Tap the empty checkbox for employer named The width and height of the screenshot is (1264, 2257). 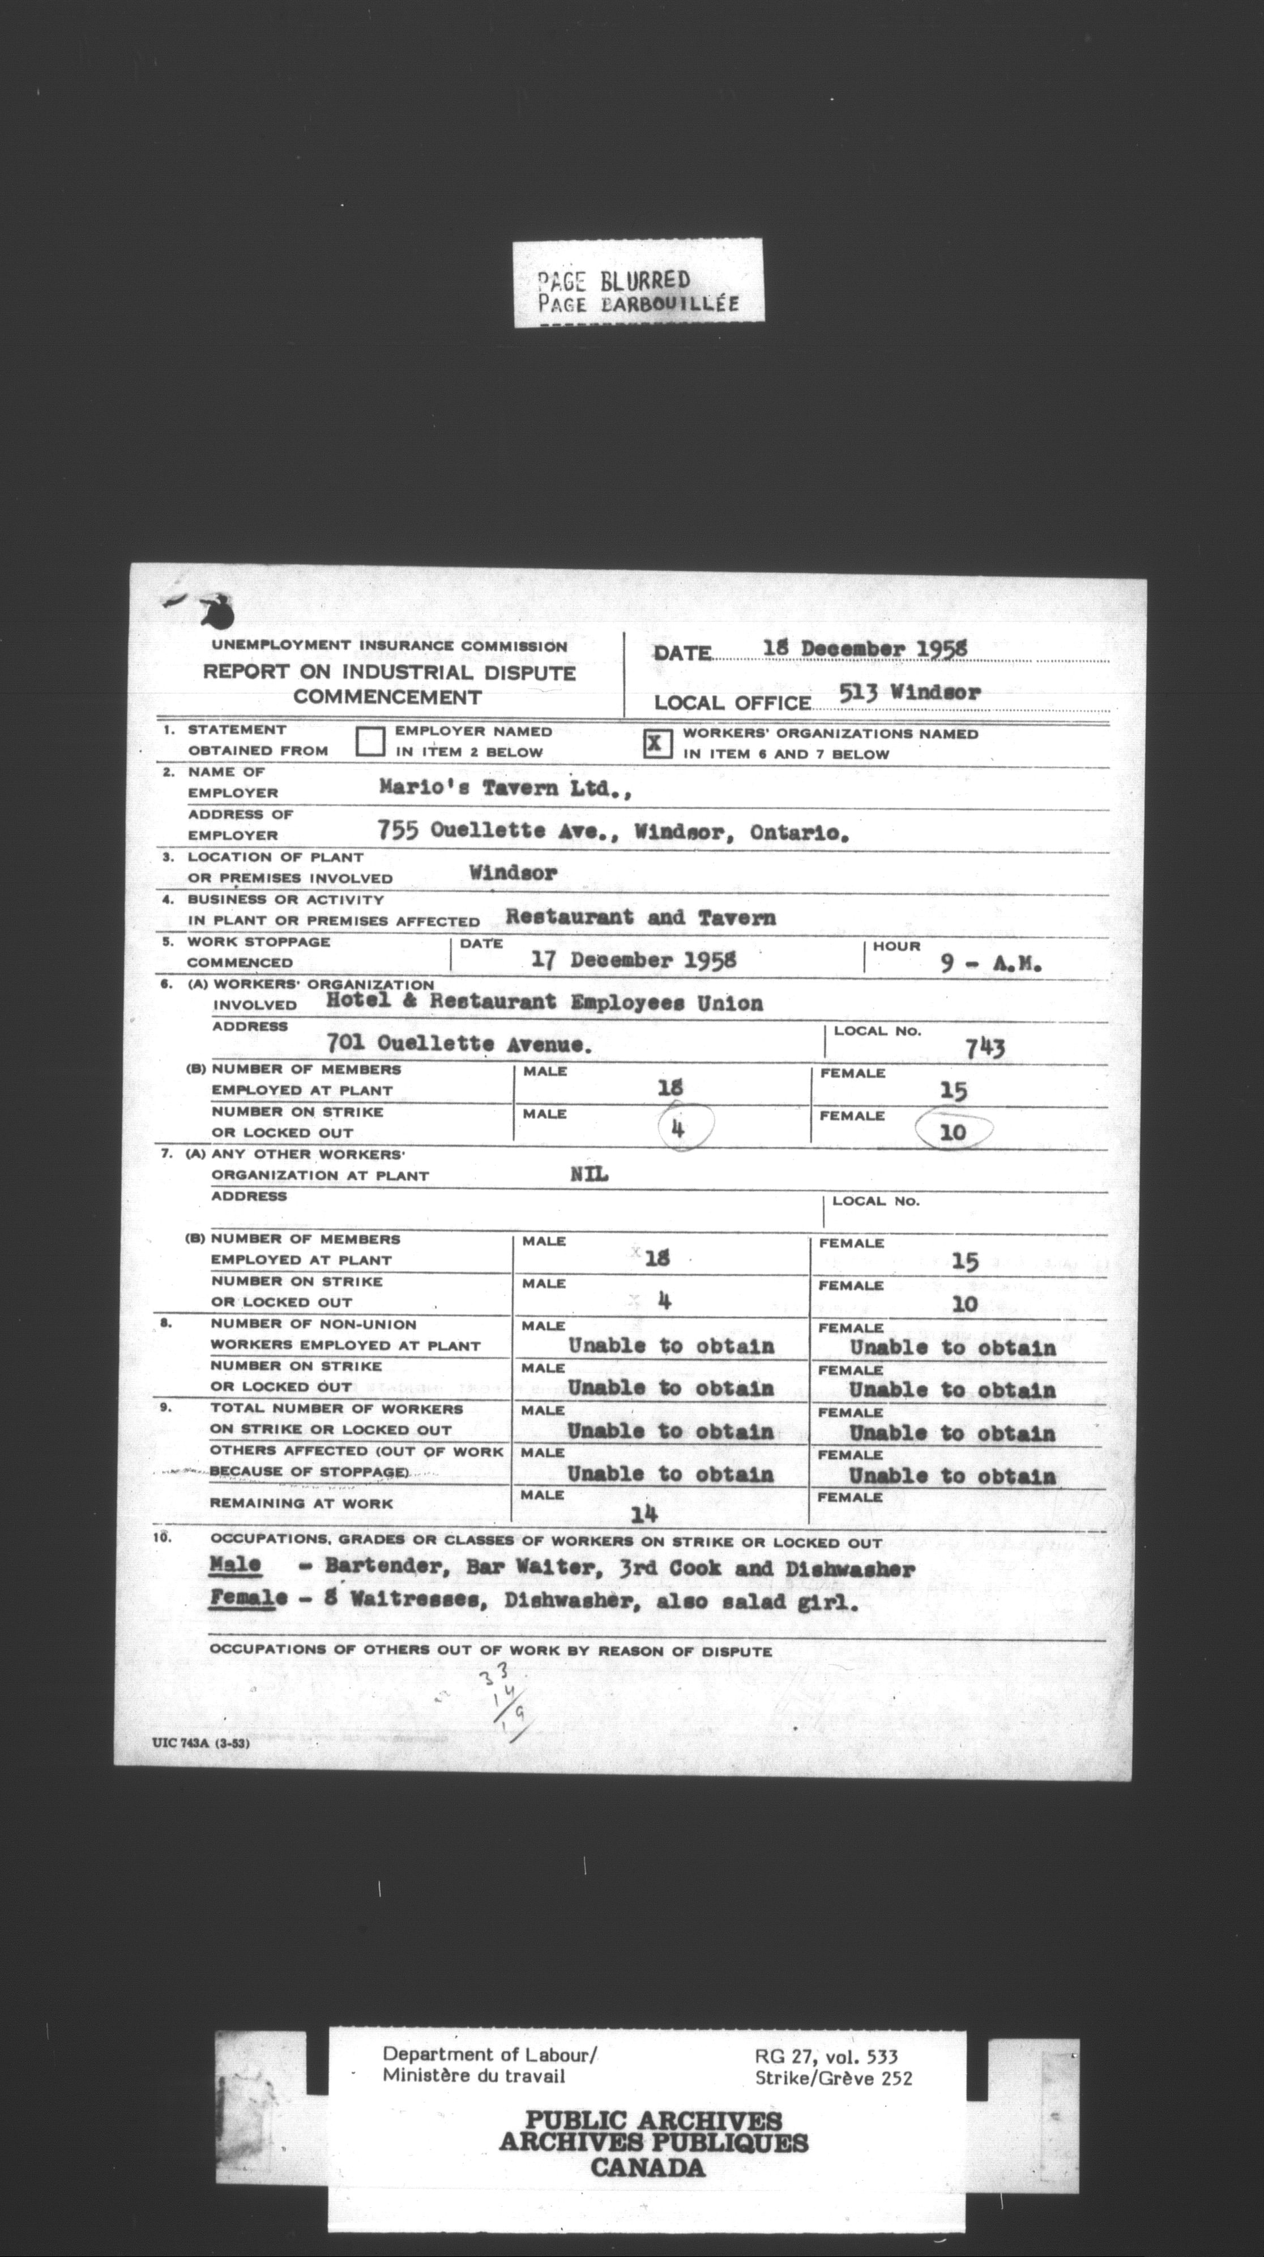370,742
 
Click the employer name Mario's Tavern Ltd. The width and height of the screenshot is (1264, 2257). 505,787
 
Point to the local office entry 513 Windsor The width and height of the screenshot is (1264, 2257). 909,692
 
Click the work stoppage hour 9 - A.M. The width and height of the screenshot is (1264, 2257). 990,964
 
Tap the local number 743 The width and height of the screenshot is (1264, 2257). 985,1048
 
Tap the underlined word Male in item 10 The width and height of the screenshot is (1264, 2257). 236,1565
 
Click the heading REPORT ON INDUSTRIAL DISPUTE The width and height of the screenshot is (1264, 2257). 389,673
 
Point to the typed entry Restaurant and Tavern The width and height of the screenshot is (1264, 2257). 640,917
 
